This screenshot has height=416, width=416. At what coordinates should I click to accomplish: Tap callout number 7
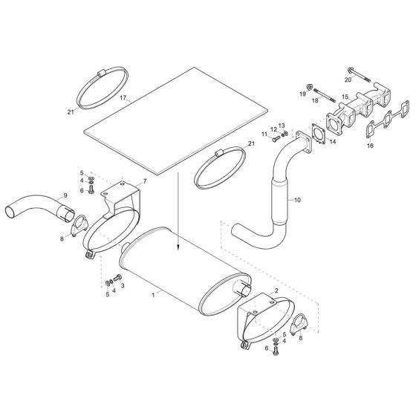pyautogui.click(x=143, y=181)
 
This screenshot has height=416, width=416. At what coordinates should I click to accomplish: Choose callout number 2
pyautogui.click(x=276, y=292)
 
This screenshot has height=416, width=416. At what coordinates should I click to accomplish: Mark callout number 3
pyautogui.click(x=123, y=285)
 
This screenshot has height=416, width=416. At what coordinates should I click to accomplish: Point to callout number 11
pyautogui.click(x=264, y=134)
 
